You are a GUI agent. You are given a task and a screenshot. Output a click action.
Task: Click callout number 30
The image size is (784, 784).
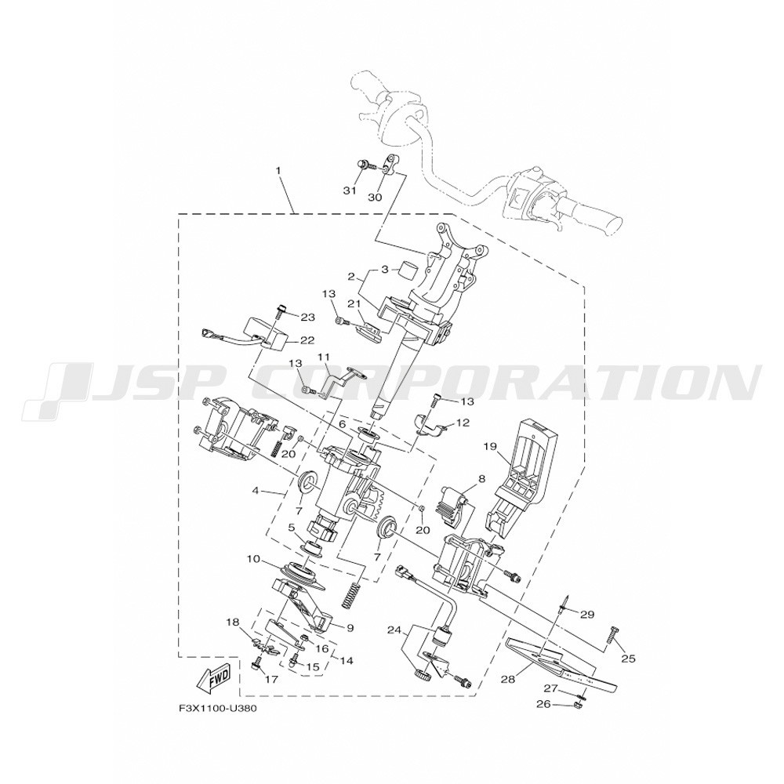click(375, 197)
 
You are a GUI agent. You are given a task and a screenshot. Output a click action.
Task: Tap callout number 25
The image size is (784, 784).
click(628, 659)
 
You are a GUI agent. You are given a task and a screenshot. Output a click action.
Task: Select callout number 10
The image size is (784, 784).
click(253, 558)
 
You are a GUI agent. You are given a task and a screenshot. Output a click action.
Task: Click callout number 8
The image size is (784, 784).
click(481, 479)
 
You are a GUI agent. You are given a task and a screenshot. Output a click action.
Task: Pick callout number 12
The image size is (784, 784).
click(463, 423)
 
